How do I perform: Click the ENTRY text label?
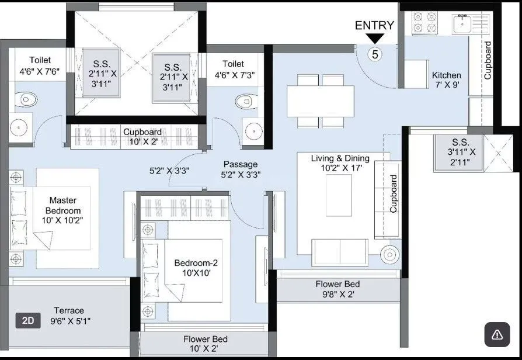[374, 25]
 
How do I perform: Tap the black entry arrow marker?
[375, 39]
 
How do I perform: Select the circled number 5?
[375, 54]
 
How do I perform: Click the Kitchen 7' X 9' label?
[446, 79]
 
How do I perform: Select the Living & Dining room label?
[340, 163]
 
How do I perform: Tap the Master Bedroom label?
[65, 210]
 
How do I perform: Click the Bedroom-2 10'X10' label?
[196, 268]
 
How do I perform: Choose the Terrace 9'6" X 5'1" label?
[69, 316]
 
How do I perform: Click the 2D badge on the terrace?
[27, 320]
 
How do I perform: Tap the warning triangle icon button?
[497, 334]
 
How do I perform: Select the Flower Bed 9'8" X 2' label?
[337, 289]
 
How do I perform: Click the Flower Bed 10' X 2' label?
[205, 344]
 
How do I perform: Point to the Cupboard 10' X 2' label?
[142, 137]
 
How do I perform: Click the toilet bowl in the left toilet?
[25, 99]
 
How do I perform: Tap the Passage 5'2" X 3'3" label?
[241, 169]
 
